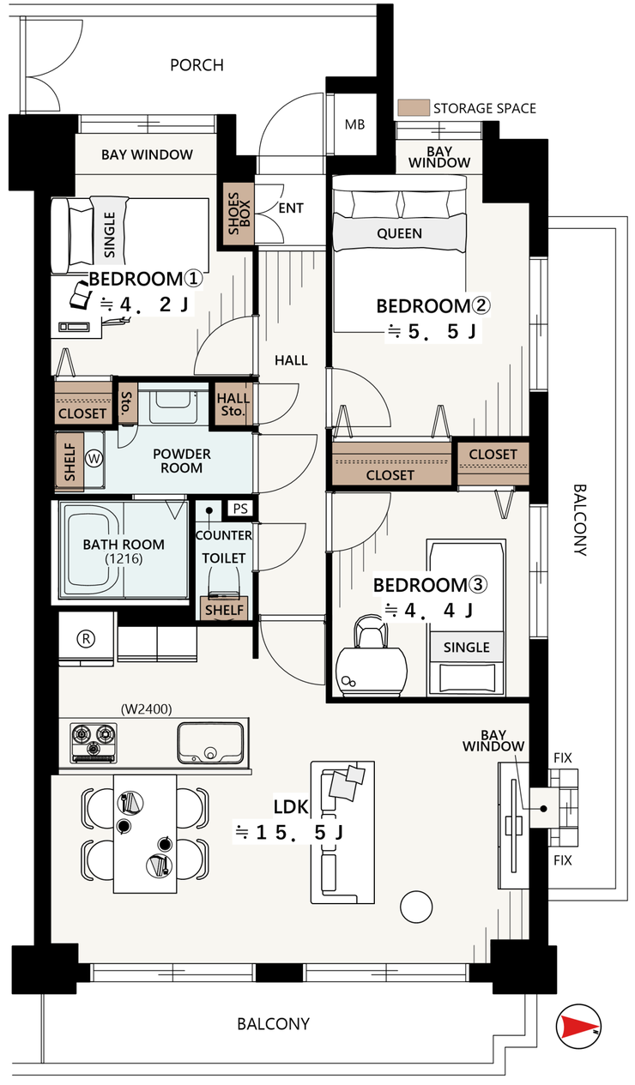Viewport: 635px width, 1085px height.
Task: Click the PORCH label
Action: click(x=197, y=65)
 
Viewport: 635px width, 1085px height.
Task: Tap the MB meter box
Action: click(x=354, y=124)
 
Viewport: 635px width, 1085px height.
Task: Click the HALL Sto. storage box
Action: click(x=233, y=405)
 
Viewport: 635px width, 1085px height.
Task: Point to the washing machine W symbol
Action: click(x=94, y=458)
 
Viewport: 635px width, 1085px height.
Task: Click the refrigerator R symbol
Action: click(x=87, y=638)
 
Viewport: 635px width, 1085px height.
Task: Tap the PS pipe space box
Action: click(x=240, y=508)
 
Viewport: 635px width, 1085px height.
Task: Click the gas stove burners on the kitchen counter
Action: click(x=94, y=742)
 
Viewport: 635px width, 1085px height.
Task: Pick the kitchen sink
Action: click(x=210, y=743)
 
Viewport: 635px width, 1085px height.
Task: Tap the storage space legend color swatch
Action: click(x=414, y=107)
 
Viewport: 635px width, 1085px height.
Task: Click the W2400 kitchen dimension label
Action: click(x=147, y=709)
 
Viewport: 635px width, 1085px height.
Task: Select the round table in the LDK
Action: click(x=416, y=907)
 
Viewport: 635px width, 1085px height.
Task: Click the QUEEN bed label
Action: click(x=399, y=233)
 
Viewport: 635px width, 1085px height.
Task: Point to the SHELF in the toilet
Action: click(x=224, y=608)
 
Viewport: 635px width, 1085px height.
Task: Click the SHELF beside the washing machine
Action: click(x=70, y=461)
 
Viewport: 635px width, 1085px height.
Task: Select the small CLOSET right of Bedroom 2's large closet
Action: click(x=493, y=463)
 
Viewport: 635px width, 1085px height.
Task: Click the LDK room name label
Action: click(x=291, y=806)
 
